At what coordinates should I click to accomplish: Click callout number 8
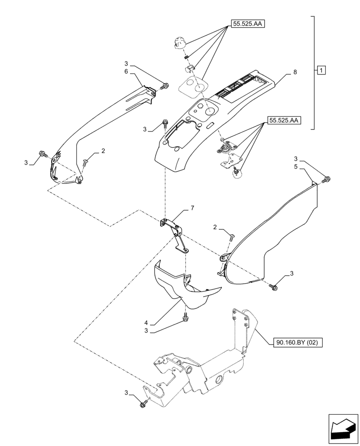point(295,72)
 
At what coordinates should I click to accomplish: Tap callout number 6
point(126,72)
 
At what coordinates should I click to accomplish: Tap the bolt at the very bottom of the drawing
point(144,404)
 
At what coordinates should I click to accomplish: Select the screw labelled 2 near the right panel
point(231,238)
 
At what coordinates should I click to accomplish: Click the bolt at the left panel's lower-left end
point(42,153)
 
